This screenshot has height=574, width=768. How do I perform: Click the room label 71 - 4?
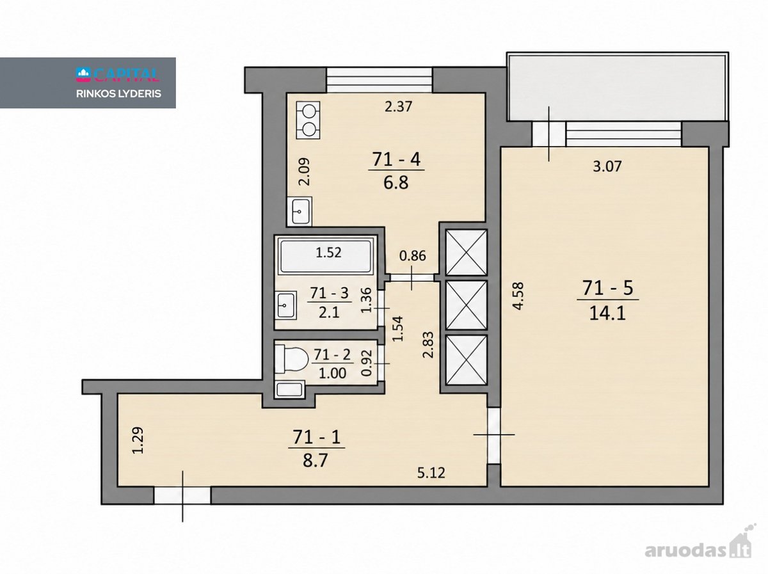pyautogui.click(x=396, y=160)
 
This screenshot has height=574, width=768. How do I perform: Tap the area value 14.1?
pyautogui.click(x=607, y=313)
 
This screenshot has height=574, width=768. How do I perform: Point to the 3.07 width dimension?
pyautogui.click(x=607, y=166)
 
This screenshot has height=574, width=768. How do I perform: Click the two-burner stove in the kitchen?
pyautogui.click(x=308, y=120)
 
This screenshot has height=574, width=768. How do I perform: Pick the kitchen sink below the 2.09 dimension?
pyautogui.click(x=300, y=211)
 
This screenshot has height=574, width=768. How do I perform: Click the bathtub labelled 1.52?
pyautogui.click(x=326, y=256)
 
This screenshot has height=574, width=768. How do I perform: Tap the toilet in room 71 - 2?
pyautogui.click(x=291, y=360)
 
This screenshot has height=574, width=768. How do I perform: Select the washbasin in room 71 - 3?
pyautogui.click(x=286, y=305)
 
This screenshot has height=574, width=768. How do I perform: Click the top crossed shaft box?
pyautogui.click(x=467, y=252)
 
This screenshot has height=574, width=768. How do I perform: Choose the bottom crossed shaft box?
pyautogui.click(x=467, y=360)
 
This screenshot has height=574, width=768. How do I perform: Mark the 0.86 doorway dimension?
pyautogui.click(x=413, y=256)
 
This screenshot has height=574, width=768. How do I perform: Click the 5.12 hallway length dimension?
pyautogui.click(x=431, y=473)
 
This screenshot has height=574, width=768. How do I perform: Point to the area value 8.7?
pyautogui.click(x=315, y=461)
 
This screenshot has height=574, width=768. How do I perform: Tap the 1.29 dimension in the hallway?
pyautogui.click(x=138, y=440)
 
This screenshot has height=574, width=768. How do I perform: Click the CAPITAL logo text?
pyautogui.click(x=118, y=74)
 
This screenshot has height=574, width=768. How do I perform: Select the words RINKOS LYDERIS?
pyautogui.click(x=118, y=93)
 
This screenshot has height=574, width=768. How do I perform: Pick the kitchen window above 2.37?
pyautogui.click(x=380, y=80)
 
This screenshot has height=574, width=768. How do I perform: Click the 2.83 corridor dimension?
pyautogui.click(x=428, y=345)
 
